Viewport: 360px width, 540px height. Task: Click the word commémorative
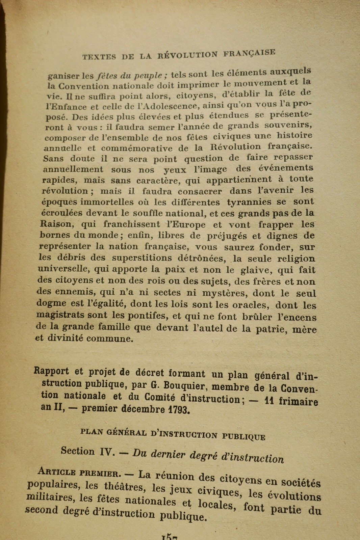[x=137, y=148]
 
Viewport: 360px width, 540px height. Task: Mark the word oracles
[x=249, y=305]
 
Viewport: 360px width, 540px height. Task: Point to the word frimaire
[x=298, y=402]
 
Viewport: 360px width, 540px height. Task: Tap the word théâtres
[x=125, y=486]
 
